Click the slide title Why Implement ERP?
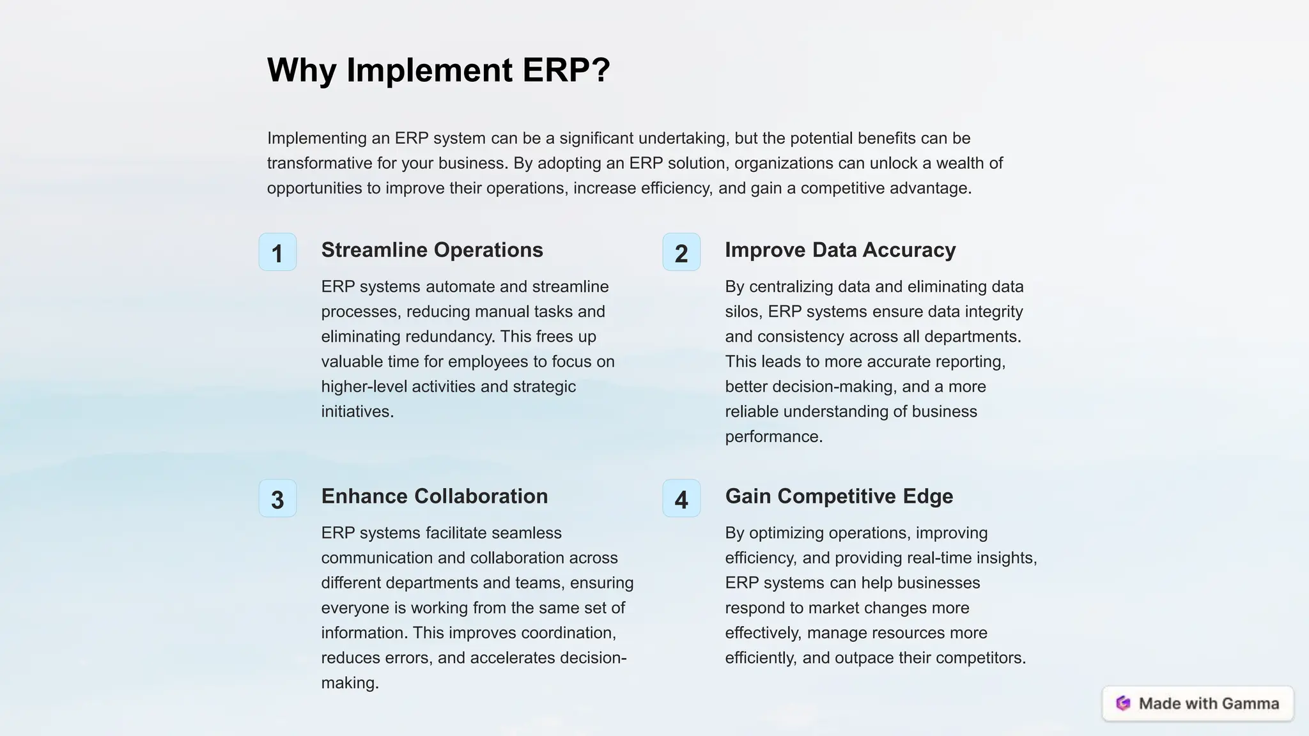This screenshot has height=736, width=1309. click(438, 70)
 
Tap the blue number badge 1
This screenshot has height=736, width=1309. click(277, 252)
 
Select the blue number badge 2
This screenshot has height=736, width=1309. click(681, 252)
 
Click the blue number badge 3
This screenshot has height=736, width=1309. click(277, 498)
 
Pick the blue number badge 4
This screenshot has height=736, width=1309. click(681, 498)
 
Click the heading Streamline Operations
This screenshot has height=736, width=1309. click(432, 250)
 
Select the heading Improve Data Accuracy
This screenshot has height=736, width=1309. click(840, 250)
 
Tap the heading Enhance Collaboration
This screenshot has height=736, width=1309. click(434, 496)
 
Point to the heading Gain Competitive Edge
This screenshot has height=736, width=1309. click(839, 496)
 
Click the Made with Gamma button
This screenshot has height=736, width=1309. click(1198, 703)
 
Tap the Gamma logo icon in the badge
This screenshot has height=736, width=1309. click(1123, 703)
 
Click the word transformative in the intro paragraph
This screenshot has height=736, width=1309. click(320, 163)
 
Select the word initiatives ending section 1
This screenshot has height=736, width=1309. click(356, 411)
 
